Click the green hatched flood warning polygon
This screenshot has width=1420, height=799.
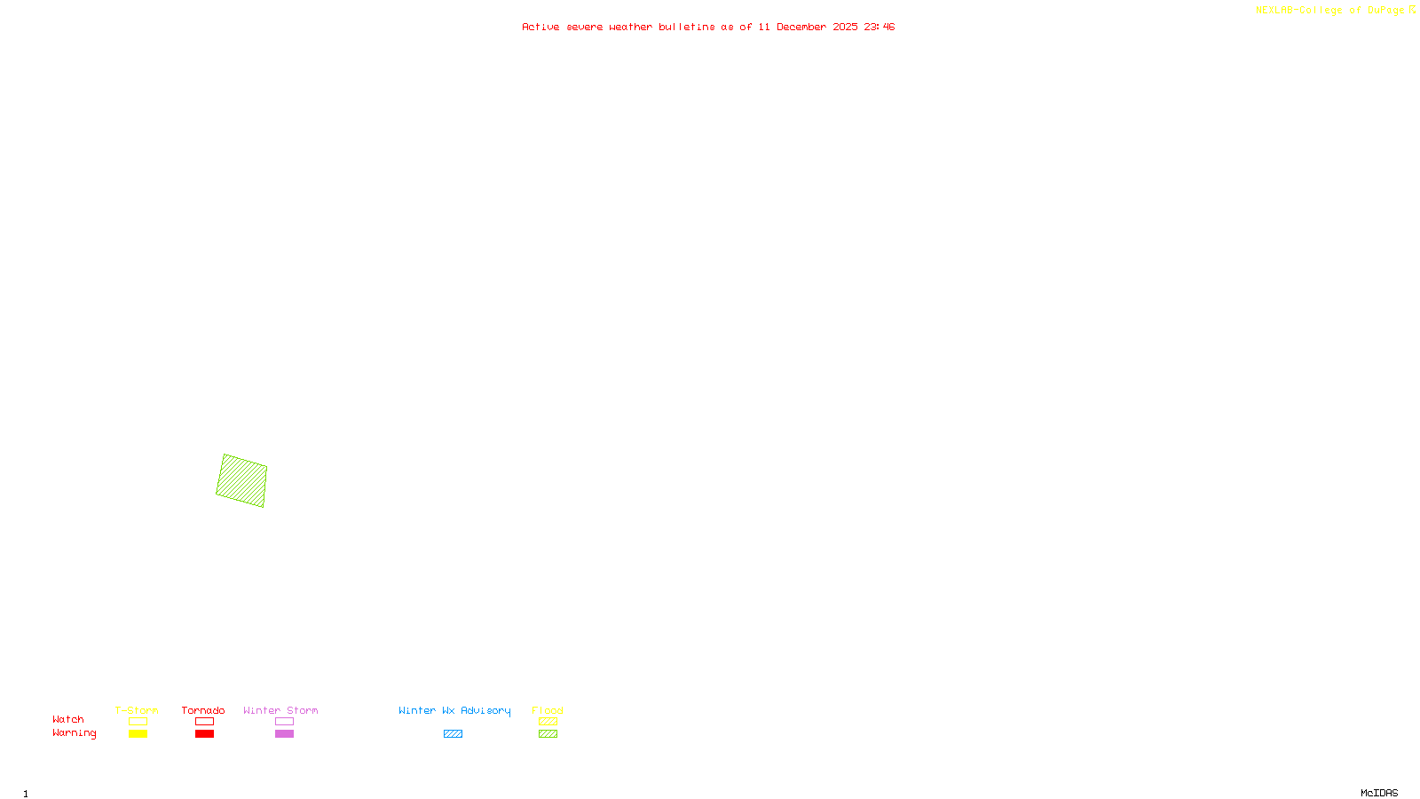(241, 480)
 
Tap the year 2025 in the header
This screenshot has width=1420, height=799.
(845, 27)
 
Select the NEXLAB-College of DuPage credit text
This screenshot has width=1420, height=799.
(1329, 10)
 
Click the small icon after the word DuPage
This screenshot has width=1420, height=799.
(1412, 10)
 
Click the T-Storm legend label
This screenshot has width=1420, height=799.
(137, 710)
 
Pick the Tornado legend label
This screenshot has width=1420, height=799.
(203, 710)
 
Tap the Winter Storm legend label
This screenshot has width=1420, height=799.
(280, 710)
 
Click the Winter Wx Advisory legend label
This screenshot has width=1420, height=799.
(454, 710)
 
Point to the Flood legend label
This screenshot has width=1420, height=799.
(548, 710)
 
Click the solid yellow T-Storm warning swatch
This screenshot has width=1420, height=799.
(138, 734)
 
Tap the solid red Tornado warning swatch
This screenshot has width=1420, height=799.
(205, 734)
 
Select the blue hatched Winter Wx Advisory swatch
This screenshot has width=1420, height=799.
(453, 734)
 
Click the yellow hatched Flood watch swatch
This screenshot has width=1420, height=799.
(548, 722)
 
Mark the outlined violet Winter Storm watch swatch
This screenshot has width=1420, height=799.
(284, 722)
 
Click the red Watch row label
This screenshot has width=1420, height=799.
(68, 719)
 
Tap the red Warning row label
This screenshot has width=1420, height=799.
(74, 733)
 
